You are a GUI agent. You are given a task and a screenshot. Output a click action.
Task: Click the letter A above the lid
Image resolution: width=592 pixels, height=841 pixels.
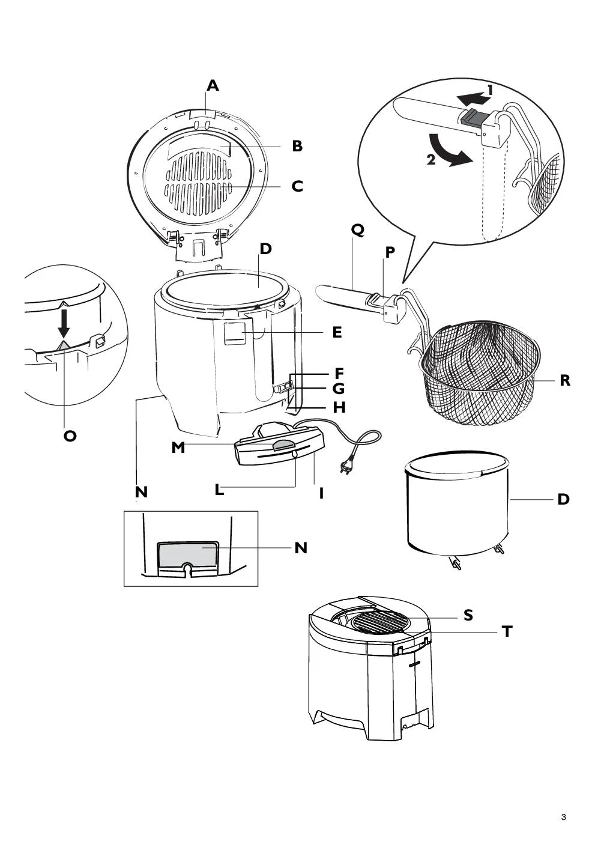pos(213,86)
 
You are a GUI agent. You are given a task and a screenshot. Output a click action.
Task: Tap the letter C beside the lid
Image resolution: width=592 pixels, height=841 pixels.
pos(297,186)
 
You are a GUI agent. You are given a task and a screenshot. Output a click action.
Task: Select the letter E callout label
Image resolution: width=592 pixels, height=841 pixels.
pos(337,332)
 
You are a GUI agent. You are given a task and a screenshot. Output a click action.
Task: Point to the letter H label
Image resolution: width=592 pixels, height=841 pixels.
pos(339,407)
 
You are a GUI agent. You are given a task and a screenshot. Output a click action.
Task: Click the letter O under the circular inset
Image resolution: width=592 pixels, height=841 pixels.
pos(70,436)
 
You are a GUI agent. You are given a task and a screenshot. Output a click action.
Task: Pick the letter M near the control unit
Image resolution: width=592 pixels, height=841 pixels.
pos(178,448)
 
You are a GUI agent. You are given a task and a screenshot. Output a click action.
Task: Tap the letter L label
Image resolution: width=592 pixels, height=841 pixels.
pos(219,490)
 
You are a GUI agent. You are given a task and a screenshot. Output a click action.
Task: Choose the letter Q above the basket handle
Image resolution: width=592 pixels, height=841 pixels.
pos(358,229)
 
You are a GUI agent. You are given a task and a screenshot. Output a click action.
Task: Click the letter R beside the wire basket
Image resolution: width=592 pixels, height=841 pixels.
pos(564,380)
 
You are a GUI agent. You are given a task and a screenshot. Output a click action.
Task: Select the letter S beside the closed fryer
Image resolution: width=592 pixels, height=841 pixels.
pos(468,615)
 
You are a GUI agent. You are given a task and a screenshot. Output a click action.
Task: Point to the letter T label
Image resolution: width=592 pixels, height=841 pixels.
pos(507,631)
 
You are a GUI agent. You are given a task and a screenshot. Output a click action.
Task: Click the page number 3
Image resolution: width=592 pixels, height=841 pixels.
pos(563,817)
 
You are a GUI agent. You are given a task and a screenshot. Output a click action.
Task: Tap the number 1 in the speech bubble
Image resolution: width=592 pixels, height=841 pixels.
pos(490,91)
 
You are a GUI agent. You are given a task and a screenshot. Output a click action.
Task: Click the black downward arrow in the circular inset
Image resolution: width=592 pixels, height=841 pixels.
pos(64,324)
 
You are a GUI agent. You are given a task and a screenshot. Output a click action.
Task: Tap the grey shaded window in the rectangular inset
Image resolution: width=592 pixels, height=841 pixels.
pos(187,553)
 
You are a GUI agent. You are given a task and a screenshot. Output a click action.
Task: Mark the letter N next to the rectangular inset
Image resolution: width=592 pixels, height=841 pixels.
pos(301,548)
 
